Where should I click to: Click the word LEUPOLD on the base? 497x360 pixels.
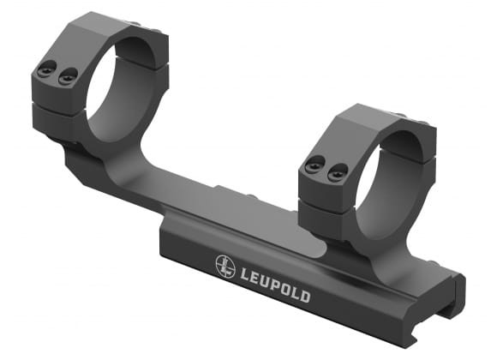275,284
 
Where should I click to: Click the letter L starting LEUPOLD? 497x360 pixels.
243,273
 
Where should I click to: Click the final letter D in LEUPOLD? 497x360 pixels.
305,297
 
